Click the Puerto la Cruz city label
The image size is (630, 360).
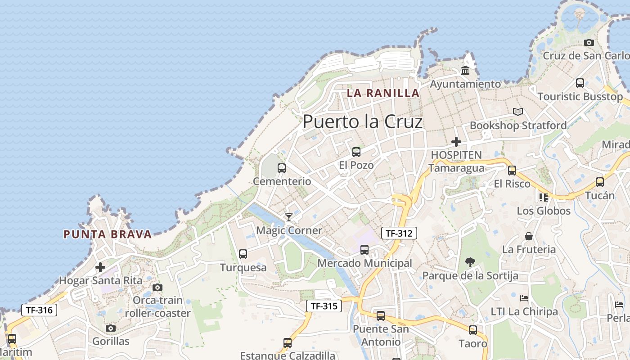(363, 121)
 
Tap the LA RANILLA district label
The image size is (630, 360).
(383, 93)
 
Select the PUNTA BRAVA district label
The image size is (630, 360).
(108, 234)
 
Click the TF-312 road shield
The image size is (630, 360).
(399, 233)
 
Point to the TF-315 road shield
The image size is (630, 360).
(324, 306)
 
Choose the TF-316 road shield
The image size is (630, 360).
(39, 310)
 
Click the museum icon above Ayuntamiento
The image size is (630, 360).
(465, 71)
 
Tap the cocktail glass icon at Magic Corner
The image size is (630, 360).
(289, 217)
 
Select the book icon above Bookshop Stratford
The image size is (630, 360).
(518, 112)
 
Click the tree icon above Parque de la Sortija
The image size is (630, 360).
(470, 262)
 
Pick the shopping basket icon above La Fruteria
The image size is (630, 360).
(529, 236)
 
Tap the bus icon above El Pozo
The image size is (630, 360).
(356, 152)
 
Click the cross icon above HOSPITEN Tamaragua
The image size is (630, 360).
(456, 142)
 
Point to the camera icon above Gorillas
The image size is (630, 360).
(111, 328)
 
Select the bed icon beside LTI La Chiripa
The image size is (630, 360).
(524, 298)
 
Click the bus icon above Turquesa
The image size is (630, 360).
(243, 254)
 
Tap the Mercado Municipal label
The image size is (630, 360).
(364, 263)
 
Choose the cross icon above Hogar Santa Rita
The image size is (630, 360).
(100, 268)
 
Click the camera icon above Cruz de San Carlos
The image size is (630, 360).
(589, 43)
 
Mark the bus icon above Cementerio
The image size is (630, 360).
(282, 168)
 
